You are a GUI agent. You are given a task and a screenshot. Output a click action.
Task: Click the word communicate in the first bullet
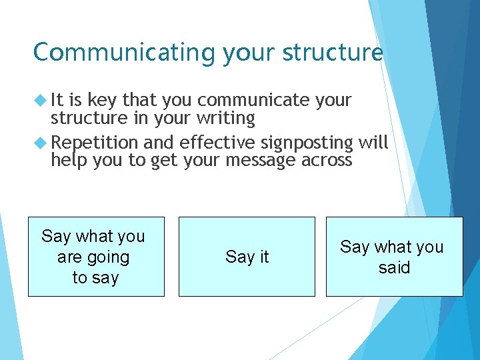(253, 100)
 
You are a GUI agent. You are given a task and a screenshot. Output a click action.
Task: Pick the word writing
(226, 119)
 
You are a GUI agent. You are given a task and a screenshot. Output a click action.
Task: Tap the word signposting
(307, 143)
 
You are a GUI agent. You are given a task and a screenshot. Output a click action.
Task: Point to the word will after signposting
(373, 143)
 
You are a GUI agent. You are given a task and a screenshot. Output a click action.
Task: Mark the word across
(327, 161)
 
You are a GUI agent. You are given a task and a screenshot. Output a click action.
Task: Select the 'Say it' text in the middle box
(247, 257)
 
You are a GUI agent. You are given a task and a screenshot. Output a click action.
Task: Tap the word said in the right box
(394, 268)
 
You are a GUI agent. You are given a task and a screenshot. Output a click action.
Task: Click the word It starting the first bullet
(59, 100)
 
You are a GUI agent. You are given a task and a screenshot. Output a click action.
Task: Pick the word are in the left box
(69, 257)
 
